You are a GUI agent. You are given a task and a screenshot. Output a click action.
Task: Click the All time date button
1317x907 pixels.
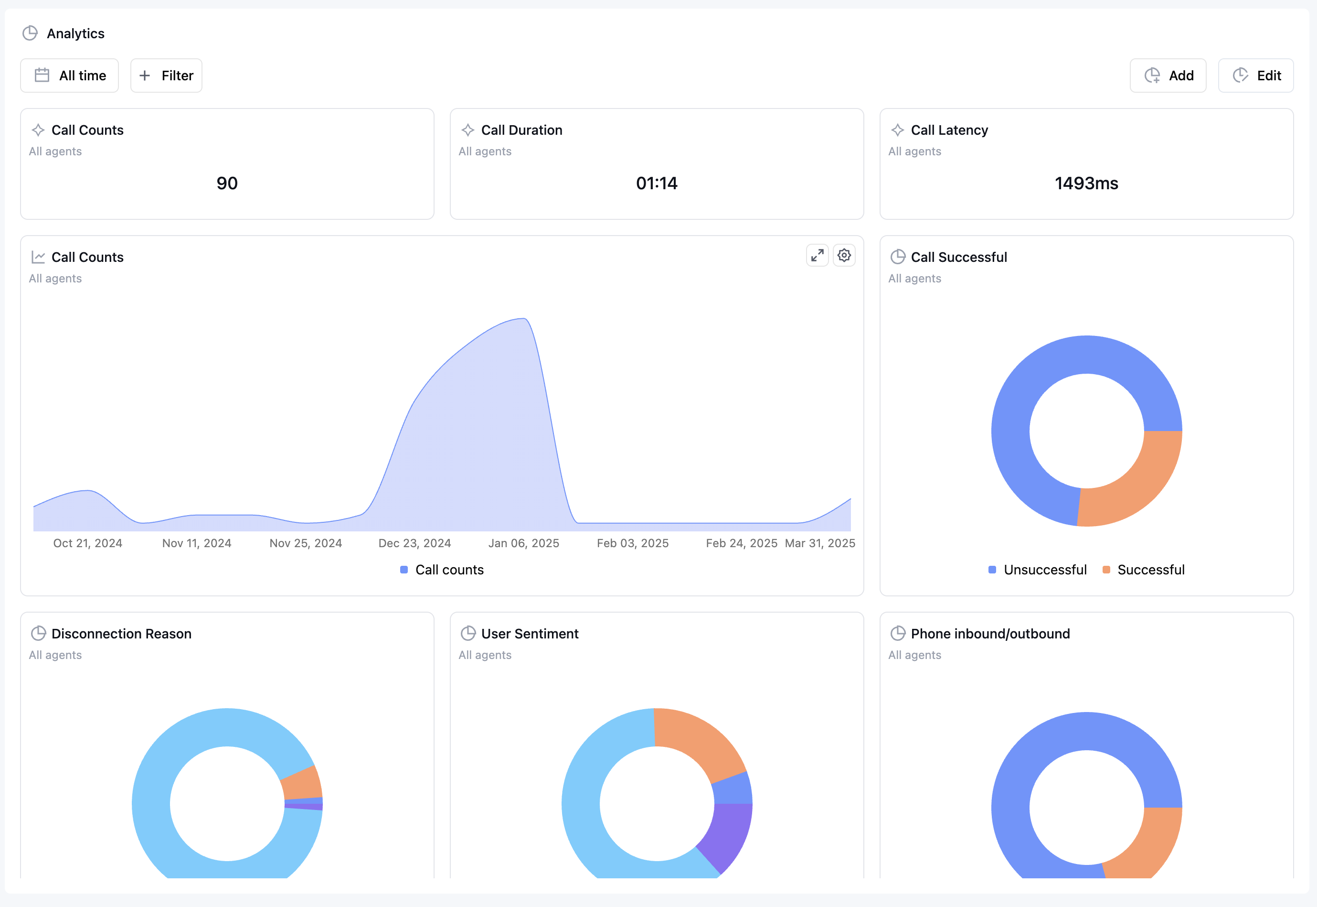click(70, 76)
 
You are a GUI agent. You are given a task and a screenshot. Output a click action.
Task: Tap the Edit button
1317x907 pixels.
click(1256, 76)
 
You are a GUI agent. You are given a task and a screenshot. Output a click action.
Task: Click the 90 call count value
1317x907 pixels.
click(227, 183)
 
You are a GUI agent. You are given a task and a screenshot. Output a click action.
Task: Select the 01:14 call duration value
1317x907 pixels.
click(657, 183)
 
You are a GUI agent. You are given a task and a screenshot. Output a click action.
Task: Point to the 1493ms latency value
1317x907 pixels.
click(1086, 183)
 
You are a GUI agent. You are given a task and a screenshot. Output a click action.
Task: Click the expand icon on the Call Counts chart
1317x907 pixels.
click(817, 256)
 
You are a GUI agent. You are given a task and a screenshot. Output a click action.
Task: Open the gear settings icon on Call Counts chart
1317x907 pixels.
click(844, 256)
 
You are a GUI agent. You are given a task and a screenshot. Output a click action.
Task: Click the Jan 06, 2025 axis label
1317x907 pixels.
click(524, 543)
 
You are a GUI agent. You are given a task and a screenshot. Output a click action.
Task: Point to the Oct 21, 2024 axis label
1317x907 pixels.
click(87, 543)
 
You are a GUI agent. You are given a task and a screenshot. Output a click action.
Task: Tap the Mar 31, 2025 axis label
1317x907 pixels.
click(819, 543)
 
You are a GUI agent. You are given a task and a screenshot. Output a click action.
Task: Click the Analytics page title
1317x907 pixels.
click(75, 33)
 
